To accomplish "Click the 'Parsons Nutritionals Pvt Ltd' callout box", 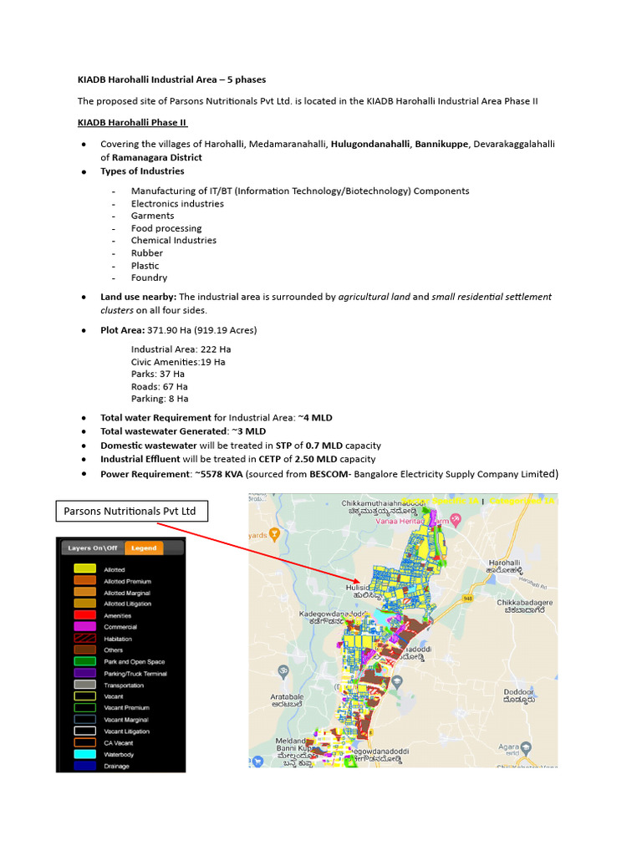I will click(x=132, y=510).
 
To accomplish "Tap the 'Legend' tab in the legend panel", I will click(x=143, y=548).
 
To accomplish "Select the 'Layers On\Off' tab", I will click(x=92, y=548).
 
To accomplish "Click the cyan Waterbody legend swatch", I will click(x=84, y=754).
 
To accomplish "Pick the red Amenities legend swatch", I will click(x=84, y=614).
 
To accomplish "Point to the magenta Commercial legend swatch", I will click(x=84, y=626).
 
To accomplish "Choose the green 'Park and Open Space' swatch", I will click(x=84, y=661).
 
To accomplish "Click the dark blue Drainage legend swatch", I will click(x=84, y=766).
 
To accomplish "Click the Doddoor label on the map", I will click(x=517, y=692).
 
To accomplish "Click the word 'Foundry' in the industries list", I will click(x=149, y=278).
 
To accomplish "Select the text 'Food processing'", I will click(x=166, y=228).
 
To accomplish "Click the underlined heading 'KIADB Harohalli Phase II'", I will click(x=132, y=123).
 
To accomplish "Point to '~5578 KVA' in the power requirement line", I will click(x=217, y=474).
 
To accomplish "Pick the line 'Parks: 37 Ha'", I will click(x=158, y=374).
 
